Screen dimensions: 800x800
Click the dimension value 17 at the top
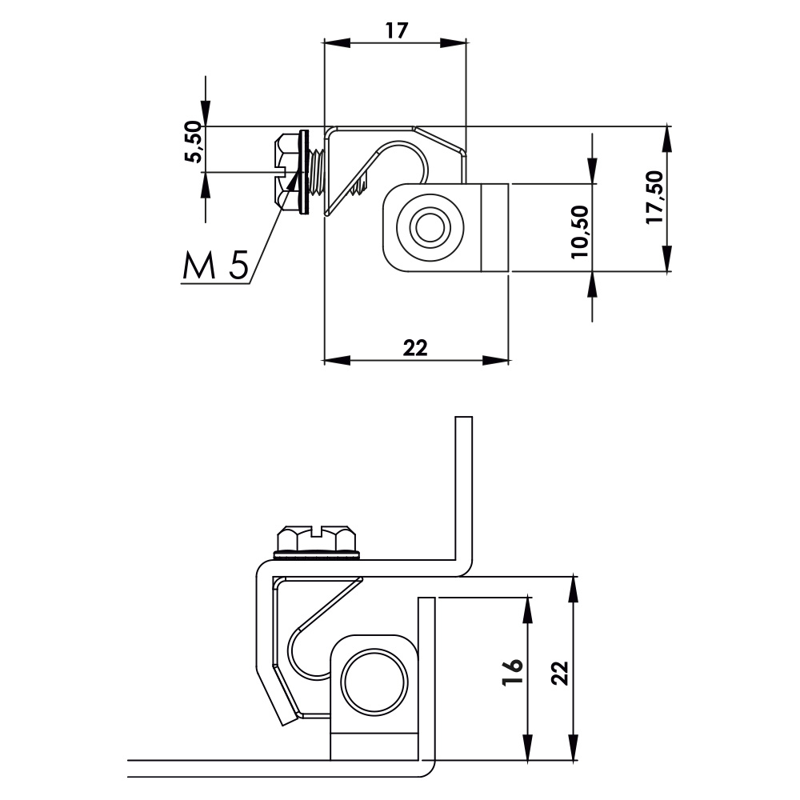[x=396, y=30]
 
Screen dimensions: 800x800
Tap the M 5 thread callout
[x=214, y=266]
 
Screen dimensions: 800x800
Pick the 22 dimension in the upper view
[x=415, y=347]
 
